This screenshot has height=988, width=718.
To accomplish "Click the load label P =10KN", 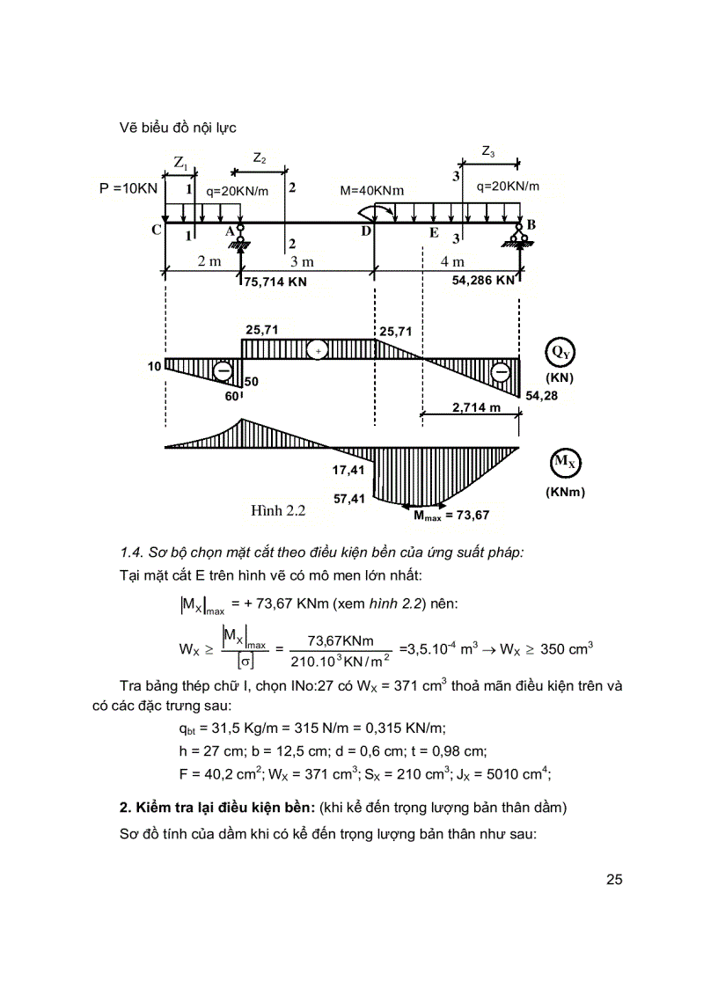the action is coord(129,188).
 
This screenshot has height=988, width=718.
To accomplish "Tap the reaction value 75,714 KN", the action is coord(276,282).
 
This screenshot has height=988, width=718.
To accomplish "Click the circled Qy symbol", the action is coord(560,351).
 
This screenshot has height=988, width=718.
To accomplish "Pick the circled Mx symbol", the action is coord(560,461).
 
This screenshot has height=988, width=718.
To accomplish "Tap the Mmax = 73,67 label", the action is coord(451,515).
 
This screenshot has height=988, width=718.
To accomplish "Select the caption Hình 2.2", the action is coord(278,509).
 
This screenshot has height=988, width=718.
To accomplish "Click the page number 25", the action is coord(614,879).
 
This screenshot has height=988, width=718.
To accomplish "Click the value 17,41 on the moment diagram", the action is coord(349,471).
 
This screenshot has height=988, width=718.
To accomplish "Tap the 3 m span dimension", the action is coord(301,262).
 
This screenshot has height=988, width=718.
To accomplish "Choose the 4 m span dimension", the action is coord(452,262).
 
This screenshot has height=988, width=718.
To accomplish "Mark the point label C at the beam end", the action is coord(156,231).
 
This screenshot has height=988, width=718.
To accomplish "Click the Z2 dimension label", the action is coord(260,158).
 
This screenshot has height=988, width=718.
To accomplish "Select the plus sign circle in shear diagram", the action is coord(317,350).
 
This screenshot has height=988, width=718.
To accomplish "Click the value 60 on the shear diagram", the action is coord(231,398).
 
